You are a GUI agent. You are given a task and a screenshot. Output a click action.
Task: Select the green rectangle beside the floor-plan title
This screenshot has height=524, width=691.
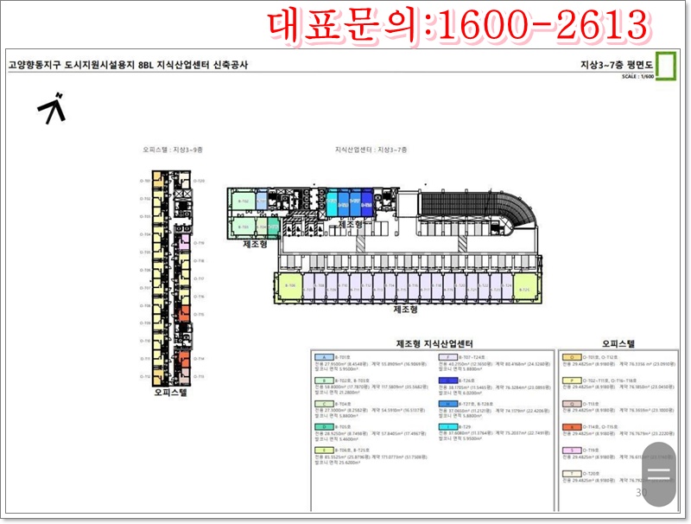point(665,66)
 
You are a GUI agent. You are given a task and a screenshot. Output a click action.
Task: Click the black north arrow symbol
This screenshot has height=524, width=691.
point(54,108)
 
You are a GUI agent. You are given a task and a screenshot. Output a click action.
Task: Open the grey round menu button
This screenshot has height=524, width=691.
point(659,473)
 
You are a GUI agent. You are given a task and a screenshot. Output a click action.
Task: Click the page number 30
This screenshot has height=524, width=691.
point(641,493)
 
